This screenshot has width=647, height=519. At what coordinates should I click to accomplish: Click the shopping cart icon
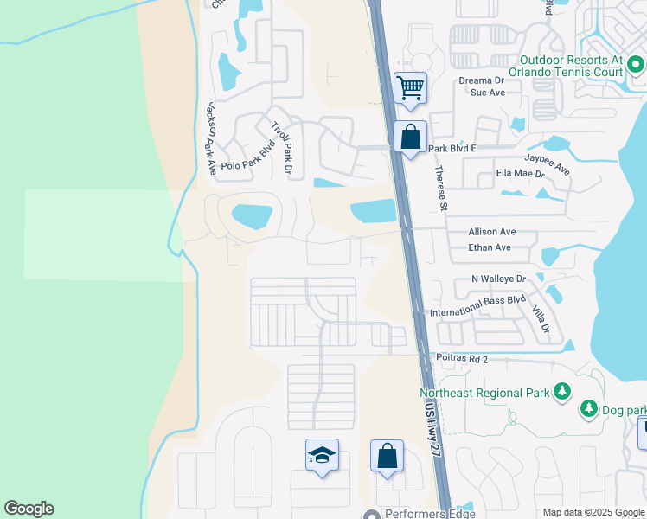[410, 87]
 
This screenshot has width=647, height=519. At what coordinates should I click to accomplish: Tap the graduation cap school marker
[321, 455]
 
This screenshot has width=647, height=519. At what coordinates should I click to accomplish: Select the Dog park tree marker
[589, 408]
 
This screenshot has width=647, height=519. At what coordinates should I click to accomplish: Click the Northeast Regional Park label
[478, 393]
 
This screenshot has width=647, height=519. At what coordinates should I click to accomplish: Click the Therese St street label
[441, 188]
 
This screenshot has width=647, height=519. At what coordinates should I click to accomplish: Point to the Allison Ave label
[491, 232]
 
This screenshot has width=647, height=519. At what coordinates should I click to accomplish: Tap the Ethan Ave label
[489, 247]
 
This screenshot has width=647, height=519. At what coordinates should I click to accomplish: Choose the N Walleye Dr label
[498, 279]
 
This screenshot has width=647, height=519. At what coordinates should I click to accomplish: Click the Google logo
[29, 509]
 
